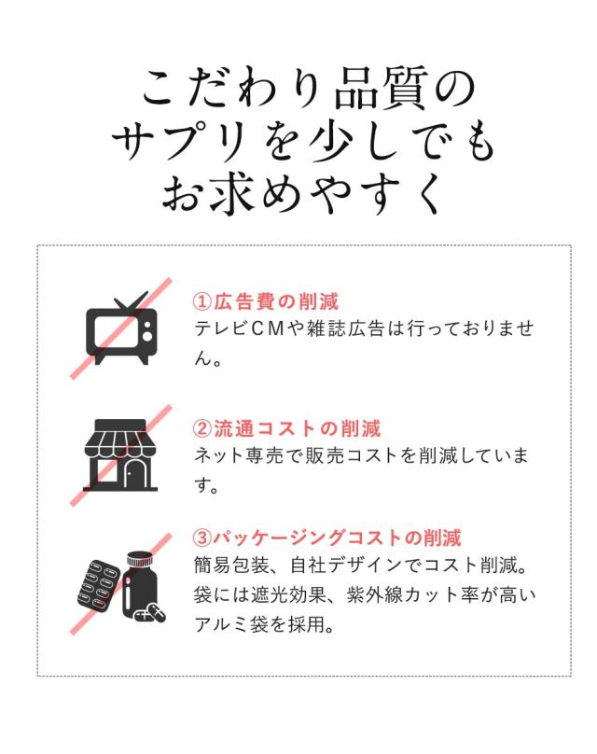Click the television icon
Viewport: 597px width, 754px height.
pyautogui.click(x=121, y=328)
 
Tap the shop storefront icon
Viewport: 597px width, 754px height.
pyautogui.click(x=120, y=454)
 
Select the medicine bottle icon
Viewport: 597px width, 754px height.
pyautogui.click(x=140, y=585)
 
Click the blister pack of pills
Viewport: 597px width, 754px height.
pyautogui.click(x=99, y=585)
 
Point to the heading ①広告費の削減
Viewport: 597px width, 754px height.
pyautogui.click(x=266, y=302)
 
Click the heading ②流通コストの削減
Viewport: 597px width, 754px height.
pyautogui.click(x=287, y=428)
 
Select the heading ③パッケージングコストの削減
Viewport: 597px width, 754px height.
pyautogui.click(x=326, y=538)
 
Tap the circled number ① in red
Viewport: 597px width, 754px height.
pyautogui.click(x=202, y=302)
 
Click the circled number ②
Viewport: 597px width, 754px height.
pyautogui.click(x=202, y=428)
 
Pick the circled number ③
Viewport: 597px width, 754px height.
pyautogui.click(x=202, y=538)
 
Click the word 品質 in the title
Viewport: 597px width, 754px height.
pyautogui.click(x=382, y=89)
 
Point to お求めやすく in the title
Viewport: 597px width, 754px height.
pyautogui.click(x=303, y=194)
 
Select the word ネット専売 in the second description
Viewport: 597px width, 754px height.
pyautogui.click(x=240, y=455)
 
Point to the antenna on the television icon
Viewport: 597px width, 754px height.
pyautogui.click(x=130, y=301)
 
